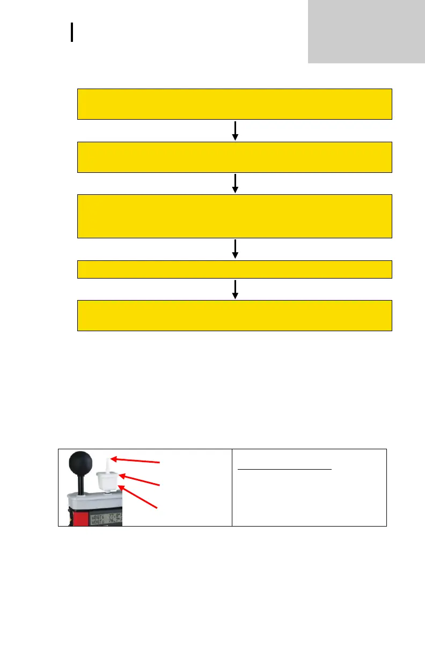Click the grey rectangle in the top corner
pos(367,31)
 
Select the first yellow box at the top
pos(235,104)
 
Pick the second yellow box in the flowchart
pos(235,157)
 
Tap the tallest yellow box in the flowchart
pos(235,216)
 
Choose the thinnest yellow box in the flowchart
pos(235,269)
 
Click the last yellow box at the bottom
pos(235,316)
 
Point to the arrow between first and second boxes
pos(235,130)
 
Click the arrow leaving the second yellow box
pos(235,184)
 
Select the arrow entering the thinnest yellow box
pos(235,249)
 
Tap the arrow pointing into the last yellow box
pos(235,289)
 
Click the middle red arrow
pos(141,480)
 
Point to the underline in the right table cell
pos(284,469)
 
